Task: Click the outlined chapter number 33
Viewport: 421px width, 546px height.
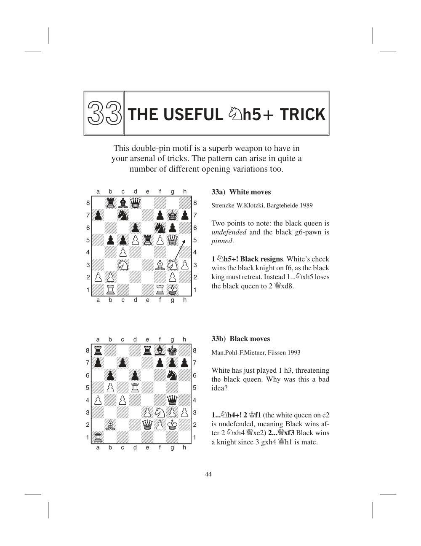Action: coord(104,113)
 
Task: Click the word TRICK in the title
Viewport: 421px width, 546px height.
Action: coord(303,114)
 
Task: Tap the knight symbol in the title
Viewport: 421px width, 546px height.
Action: coord(235,113)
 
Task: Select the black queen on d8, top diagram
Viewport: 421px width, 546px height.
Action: coord(135,202)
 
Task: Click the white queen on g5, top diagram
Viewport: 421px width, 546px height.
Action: coord(172,240)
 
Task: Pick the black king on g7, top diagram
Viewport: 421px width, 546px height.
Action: coord(172,215)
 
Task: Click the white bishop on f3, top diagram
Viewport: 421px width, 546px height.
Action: coord(160,265)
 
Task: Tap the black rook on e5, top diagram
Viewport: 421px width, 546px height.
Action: coord(148,240)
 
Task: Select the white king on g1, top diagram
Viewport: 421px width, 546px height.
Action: coord(172,290)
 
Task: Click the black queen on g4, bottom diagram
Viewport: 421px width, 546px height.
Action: coord(172,400)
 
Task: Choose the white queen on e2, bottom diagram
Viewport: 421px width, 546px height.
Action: coord(147,425)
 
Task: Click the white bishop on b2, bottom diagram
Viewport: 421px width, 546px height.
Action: coord(110,425)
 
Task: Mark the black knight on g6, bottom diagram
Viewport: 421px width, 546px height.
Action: coord(172,375)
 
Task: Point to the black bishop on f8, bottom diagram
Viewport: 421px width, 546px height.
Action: coord(160,350)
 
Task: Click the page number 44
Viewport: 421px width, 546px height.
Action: coord(208,474)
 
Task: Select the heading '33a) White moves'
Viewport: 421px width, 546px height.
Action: coord(241,192)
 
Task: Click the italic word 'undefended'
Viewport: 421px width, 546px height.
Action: coord(229,232)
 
